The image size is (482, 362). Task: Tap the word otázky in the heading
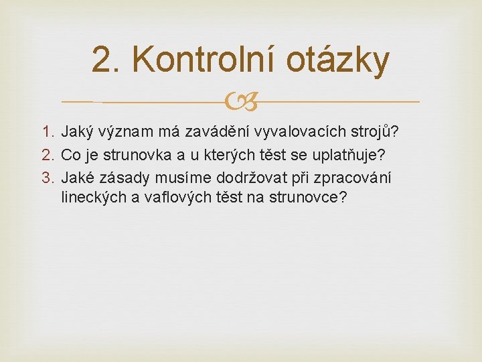click(x=337, y=60)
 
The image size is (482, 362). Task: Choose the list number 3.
click(x=48, y=179)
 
